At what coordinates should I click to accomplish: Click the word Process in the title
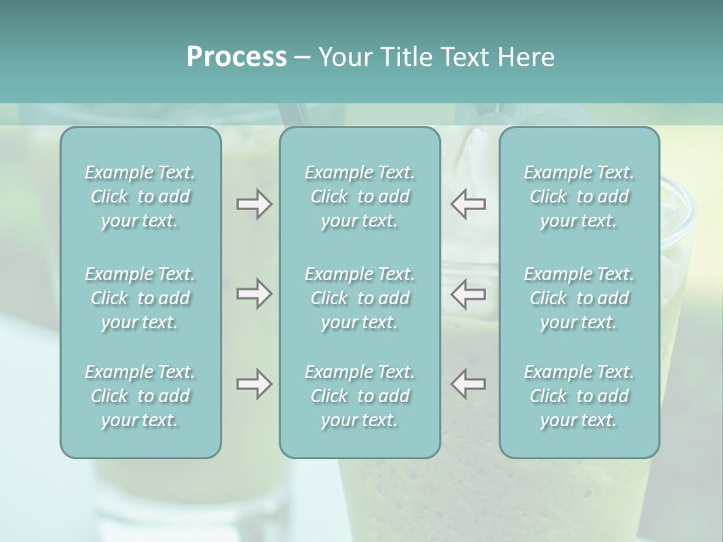click(x=236, y=57)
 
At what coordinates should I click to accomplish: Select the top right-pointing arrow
click(x=254, y=204)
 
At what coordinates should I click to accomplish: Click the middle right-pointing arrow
click(x=254, y=294)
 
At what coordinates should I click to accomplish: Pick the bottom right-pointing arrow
click(x=254, y=384)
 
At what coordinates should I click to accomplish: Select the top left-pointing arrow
click(x=468, y=204)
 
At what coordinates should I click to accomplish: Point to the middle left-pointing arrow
click(x=468, y=294)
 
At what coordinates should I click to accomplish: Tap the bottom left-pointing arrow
click(x=468, y=384)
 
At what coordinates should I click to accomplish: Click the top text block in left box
click(x=140, y=196)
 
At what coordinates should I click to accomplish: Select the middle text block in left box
click(x=140, y=298)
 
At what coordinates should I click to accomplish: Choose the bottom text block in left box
click(x=140, y=396)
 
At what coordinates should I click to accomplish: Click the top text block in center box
click(x=360, y=196)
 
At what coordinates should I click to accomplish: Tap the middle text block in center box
click(x=360, y=298)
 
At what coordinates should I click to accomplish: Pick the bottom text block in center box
click(x=360, y=396)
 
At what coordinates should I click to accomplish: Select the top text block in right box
click(x=579, y=196)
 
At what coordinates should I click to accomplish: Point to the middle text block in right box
click(x=579, y=298)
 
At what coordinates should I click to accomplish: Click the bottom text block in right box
click(x=579, y=396)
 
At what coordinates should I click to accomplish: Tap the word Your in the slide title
click(x=344, y=57)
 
